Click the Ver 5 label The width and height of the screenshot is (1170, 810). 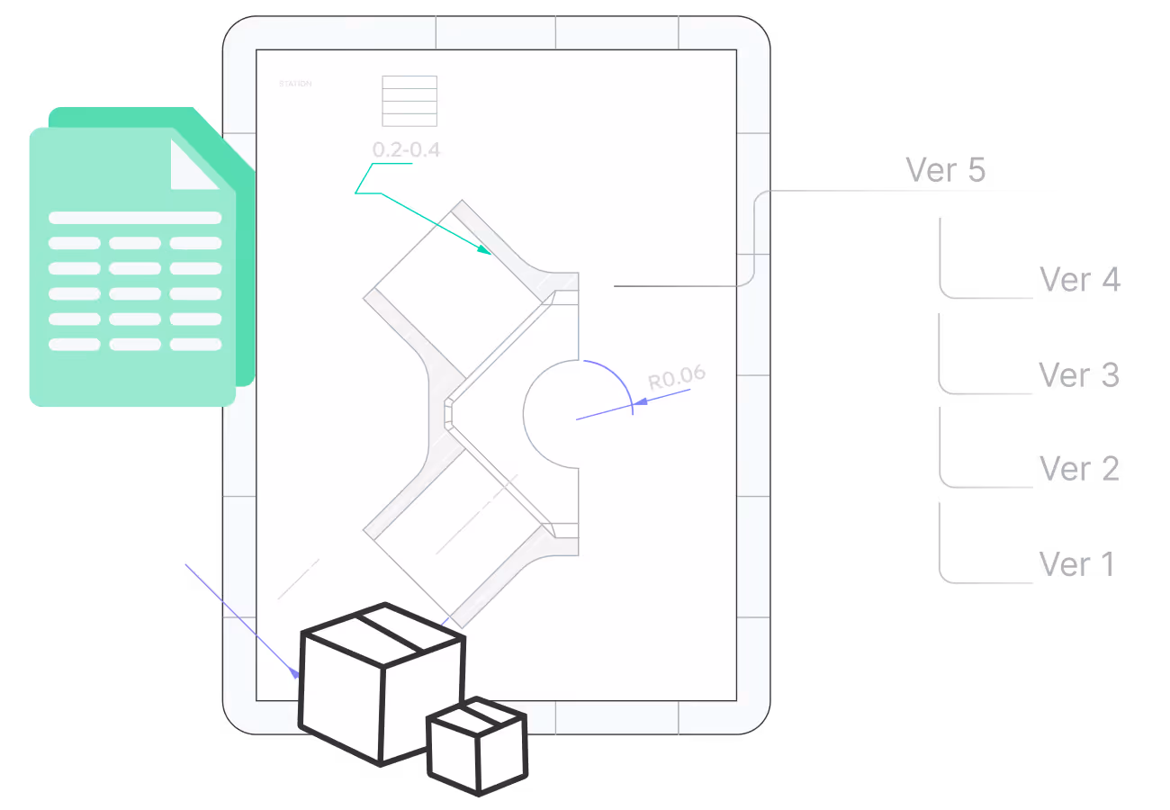tap(945, 170)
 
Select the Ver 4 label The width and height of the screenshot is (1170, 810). tap(1079, 280)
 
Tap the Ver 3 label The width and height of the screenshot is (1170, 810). tap(1078, 374)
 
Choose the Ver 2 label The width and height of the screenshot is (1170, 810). tap(1078, 469)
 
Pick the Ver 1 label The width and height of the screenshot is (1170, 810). tap(1076, 564)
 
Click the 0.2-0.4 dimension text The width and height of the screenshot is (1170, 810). tap(406, 149)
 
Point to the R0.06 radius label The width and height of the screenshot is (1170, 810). tap(677, 378)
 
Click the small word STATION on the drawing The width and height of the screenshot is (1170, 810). tap(295, 84)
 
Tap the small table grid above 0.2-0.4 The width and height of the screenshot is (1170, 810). tap(409, 101)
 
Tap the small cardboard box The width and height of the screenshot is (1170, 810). tap(476, 745)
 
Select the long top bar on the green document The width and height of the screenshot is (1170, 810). tap(135, 218)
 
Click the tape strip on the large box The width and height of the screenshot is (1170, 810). tap(389, 627)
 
